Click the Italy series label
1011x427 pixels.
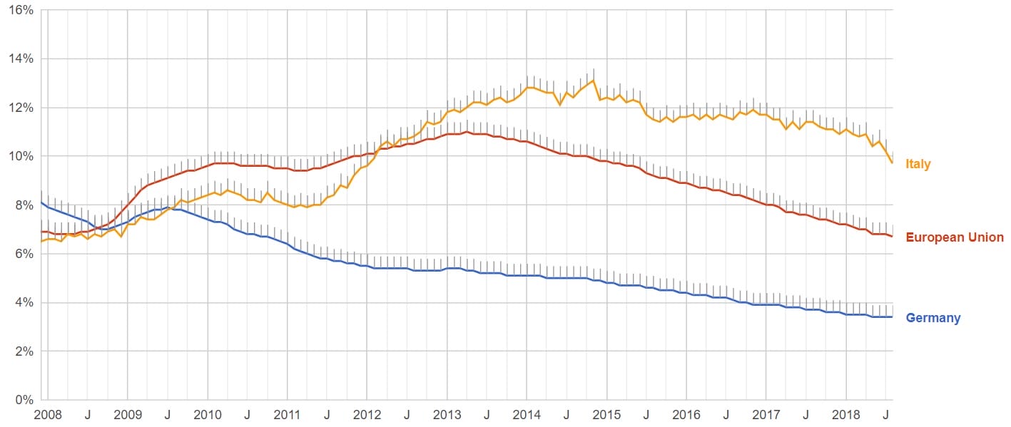(918, 164)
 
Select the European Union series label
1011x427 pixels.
(954, 237)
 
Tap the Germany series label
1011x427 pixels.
(933, 318)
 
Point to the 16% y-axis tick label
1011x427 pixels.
(19, 10)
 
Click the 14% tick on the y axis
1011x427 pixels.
(19, 58)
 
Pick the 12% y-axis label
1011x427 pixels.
(19, 108)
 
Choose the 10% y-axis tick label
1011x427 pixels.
(19, 156)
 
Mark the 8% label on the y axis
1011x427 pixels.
(22, 205)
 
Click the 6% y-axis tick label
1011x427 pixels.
(22, 254)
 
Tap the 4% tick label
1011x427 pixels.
(22, 303)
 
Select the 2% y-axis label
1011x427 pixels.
(22, 351)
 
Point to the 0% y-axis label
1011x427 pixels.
(22, 400)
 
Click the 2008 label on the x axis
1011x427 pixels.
(47, 414)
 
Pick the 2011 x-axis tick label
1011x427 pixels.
(287, 414)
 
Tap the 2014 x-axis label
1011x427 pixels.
(527, 414)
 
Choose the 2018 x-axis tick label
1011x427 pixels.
(846, 414)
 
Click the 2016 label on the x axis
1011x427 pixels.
(686, 414)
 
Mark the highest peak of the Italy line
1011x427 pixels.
(593, 80)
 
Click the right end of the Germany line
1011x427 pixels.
(893, 317)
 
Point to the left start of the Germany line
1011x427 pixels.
(41, 202)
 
